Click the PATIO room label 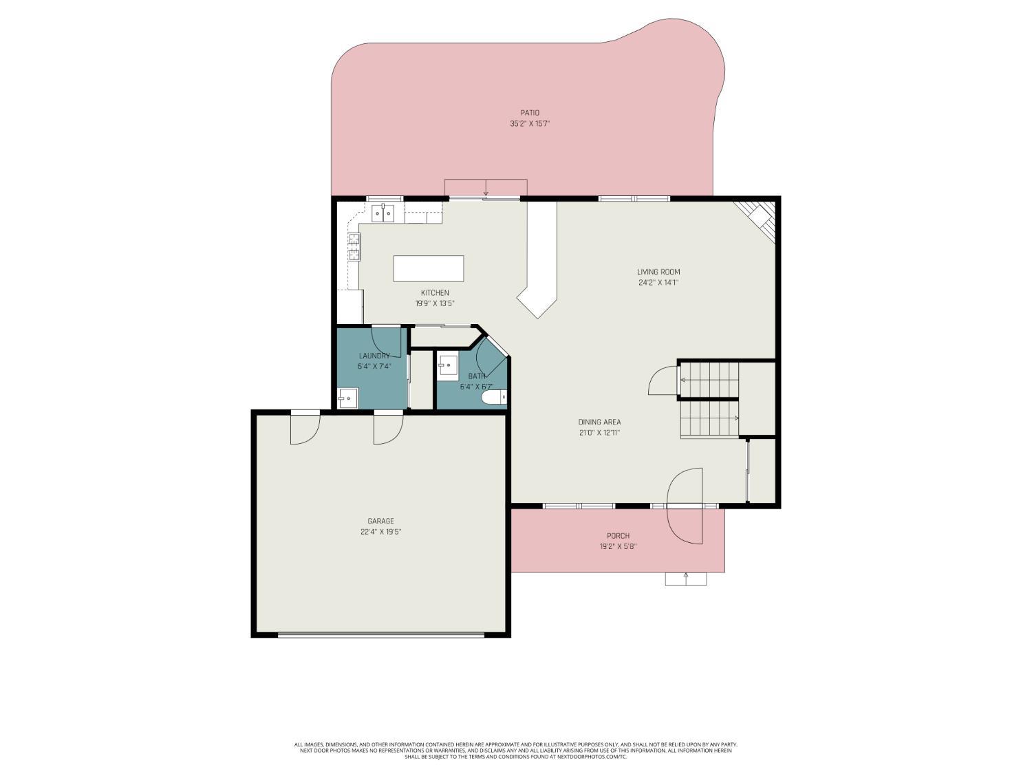tap(529, 113)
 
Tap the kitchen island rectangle tap(428, 268)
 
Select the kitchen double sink tap(383, 213)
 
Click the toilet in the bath tap(494, 398)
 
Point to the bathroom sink tap(449, 365)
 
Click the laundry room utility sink tap(347, 398)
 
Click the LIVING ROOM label tap(658, 272)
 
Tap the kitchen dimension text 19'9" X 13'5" tap(435, 303)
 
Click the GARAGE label tap(380, 522)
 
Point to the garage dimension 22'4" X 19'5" tap(380, 532)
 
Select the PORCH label tap(618, 536)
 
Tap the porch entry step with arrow tap(685, 579)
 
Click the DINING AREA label tap(599, 422)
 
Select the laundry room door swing tap(387, 342)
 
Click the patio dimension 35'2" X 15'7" tap(529, 124)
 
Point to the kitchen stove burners tap(354, 247)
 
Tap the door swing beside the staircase tap(664, 380)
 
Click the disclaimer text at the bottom tap(515, 750)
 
